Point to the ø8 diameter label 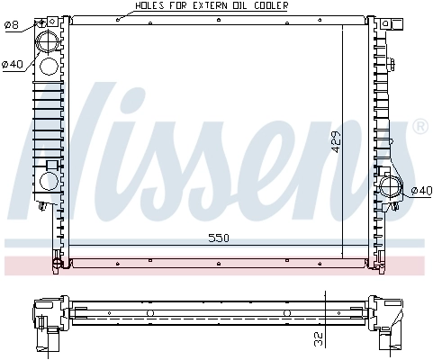[11, 24]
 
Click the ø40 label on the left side [12, 64]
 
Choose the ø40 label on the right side [420, 190]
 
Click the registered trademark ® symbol [419, 128]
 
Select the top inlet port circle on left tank [50, 40]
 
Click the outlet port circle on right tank [391, 188]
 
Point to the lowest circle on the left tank [49, 181]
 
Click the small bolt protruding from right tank [396, 64]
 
